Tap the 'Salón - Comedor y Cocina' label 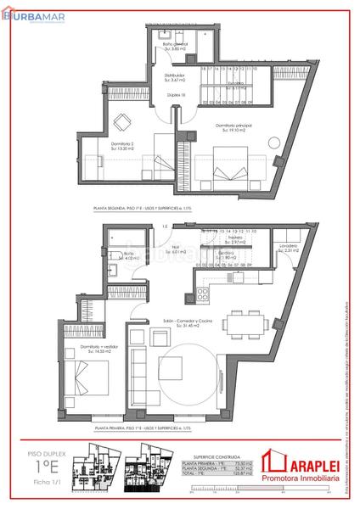point(175,322)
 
